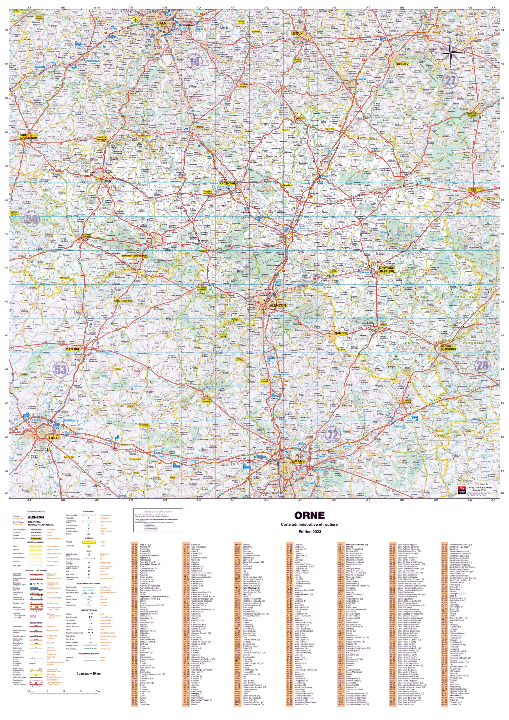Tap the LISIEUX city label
(297, 33)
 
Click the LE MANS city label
(297, 461)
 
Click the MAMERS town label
(340, 333)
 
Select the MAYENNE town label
(73, 349)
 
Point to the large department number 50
(32, 219)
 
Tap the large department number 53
(61, 370)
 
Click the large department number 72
(333, 434)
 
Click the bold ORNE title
(309, 516)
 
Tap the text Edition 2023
(310, 532)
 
